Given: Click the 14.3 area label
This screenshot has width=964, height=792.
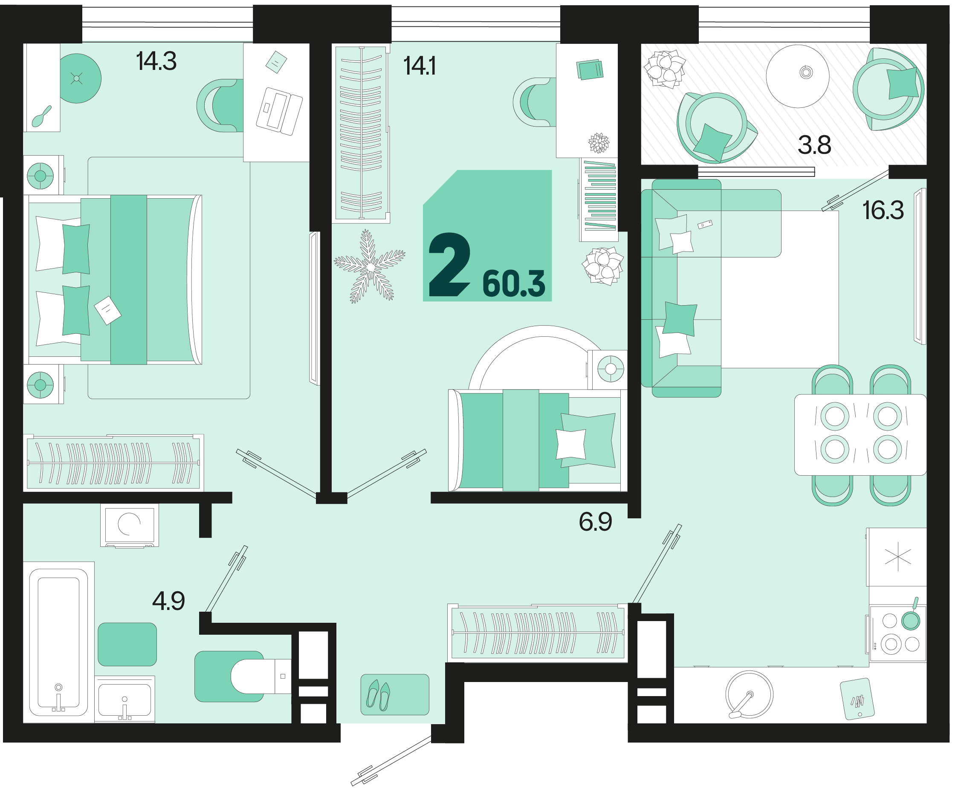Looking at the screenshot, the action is tap(156, 61).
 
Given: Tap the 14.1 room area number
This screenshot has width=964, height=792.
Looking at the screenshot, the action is tap(420, 66).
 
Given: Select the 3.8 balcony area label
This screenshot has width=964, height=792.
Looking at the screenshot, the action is tap(814, 145).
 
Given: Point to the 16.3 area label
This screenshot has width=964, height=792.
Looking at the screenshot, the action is tap(883, 210).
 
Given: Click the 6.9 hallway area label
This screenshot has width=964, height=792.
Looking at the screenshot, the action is tap(595, 521).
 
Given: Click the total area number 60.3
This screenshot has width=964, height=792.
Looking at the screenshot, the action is tap(514, 284).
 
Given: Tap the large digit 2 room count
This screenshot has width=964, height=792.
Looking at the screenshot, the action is tap(449, 265).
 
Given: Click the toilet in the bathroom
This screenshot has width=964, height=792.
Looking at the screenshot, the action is tap(261, 676).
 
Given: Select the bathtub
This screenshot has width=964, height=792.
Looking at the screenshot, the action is tap(58, 642).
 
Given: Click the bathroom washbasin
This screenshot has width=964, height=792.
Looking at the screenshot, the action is tap(124, 699).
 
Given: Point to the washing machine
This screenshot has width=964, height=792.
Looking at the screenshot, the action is tap(130, 525).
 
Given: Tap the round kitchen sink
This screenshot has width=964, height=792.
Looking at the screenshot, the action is tap(749, 694).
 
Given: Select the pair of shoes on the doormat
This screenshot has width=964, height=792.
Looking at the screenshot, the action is tap(379, 695).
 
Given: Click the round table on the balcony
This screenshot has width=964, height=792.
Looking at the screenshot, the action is tap(797, 76).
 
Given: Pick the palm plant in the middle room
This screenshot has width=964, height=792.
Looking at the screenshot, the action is tap(369, 266).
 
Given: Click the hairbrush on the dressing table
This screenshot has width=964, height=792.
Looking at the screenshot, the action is tap(41, 116).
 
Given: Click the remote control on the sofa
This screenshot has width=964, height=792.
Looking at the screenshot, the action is tap(705, 224).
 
